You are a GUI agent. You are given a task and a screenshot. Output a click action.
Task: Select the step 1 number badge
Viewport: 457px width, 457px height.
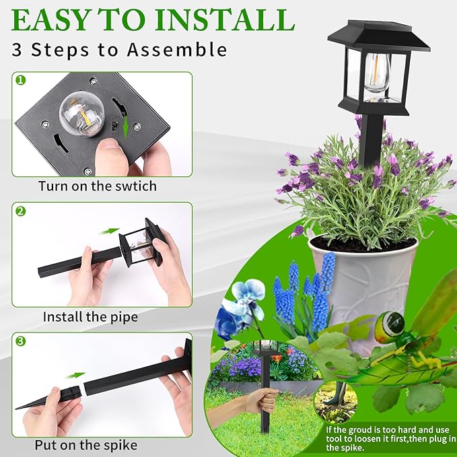pos(20,80)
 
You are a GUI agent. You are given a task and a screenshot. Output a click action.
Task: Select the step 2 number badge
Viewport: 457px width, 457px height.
pos(20,211)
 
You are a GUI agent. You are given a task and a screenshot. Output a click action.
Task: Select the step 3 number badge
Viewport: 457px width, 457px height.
pos(20,341)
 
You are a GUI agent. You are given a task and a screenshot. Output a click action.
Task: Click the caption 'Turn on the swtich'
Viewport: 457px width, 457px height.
pos(97,186)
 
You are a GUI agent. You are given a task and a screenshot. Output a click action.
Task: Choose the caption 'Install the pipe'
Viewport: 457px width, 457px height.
pos(90,316)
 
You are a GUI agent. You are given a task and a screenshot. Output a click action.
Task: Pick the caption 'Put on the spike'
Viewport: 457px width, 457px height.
pos(86,445)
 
